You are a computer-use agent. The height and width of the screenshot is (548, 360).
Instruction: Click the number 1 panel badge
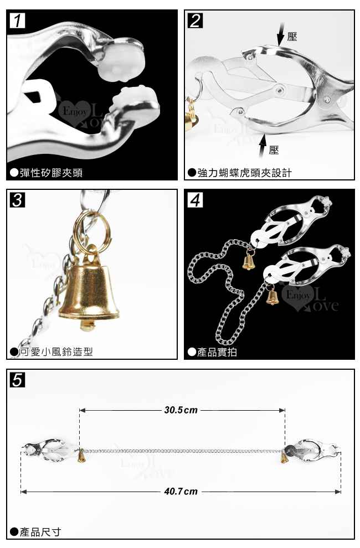click(x=17, y=20)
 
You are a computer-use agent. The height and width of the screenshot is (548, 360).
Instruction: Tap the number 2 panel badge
click(x=195, y=20)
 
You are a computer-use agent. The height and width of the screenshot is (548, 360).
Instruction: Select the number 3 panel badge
click(x=17, y=200)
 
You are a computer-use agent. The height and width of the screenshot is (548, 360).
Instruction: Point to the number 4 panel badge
click(x=195, y=200)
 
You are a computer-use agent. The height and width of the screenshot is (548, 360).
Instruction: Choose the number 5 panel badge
click(x=18, y=380)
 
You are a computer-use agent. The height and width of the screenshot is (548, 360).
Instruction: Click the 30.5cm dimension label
click(x=181, y=410)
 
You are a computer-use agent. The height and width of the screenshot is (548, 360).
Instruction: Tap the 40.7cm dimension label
click(x=181, y=492)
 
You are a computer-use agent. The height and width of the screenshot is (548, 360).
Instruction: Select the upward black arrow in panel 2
click(x=263, y=146)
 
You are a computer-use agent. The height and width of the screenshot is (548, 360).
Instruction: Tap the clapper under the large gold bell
click(x=88, y=325)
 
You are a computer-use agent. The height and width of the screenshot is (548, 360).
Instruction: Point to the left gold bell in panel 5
click(x=81, y=457)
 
